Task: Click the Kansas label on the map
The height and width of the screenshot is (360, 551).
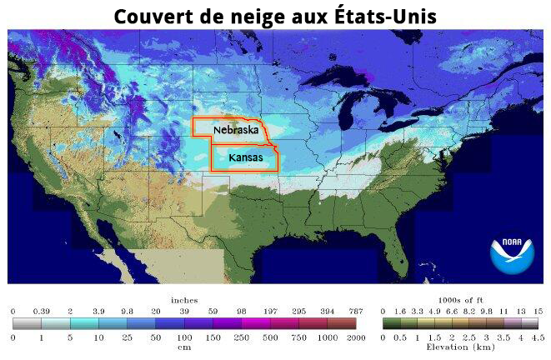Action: pos(245,157)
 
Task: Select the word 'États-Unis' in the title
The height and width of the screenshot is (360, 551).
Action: pos(393,17)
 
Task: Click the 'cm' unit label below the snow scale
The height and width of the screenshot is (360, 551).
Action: pos(183,348)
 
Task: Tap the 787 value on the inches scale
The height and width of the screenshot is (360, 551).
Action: pos(355,310)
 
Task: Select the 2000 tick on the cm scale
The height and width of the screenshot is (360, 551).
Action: pos(355,337)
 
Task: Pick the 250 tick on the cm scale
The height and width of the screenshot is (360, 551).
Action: pos(242,337)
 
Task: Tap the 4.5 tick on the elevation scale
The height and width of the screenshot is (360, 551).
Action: pos(538,337)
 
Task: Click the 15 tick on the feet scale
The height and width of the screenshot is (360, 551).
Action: pos(538,310)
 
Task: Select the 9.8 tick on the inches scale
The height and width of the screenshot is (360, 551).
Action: pos(127,310)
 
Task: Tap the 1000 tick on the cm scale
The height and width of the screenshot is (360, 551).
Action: pos(327,337)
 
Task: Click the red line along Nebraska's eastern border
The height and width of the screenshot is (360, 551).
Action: pos(265,132)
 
